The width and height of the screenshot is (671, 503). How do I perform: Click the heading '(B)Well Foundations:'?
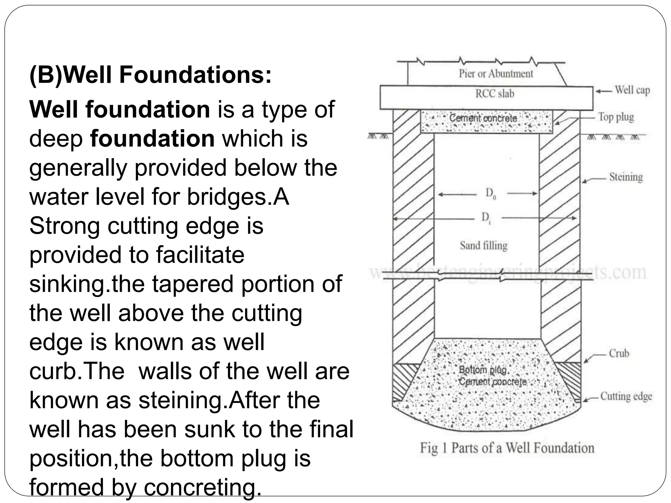click(150, 75)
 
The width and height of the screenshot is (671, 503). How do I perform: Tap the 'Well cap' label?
click(632, 90)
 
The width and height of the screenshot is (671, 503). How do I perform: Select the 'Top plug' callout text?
click(616, 117)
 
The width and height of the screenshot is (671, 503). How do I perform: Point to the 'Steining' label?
click(626, 177)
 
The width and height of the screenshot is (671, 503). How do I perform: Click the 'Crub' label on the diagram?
click(619, 353)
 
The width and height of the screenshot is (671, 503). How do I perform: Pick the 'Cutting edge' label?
click(626, 396)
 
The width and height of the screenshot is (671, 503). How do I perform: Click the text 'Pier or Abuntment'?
click(496, 74)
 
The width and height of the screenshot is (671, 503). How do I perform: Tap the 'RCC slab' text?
click(495, 94)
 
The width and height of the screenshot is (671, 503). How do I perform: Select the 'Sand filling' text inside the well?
click(484, 245)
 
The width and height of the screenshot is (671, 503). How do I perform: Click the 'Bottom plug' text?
click(483, 370)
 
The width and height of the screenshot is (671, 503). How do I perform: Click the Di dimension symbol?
click(486, 217)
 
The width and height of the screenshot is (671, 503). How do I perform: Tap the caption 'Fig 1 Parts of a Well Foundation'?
click(507, 448)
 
